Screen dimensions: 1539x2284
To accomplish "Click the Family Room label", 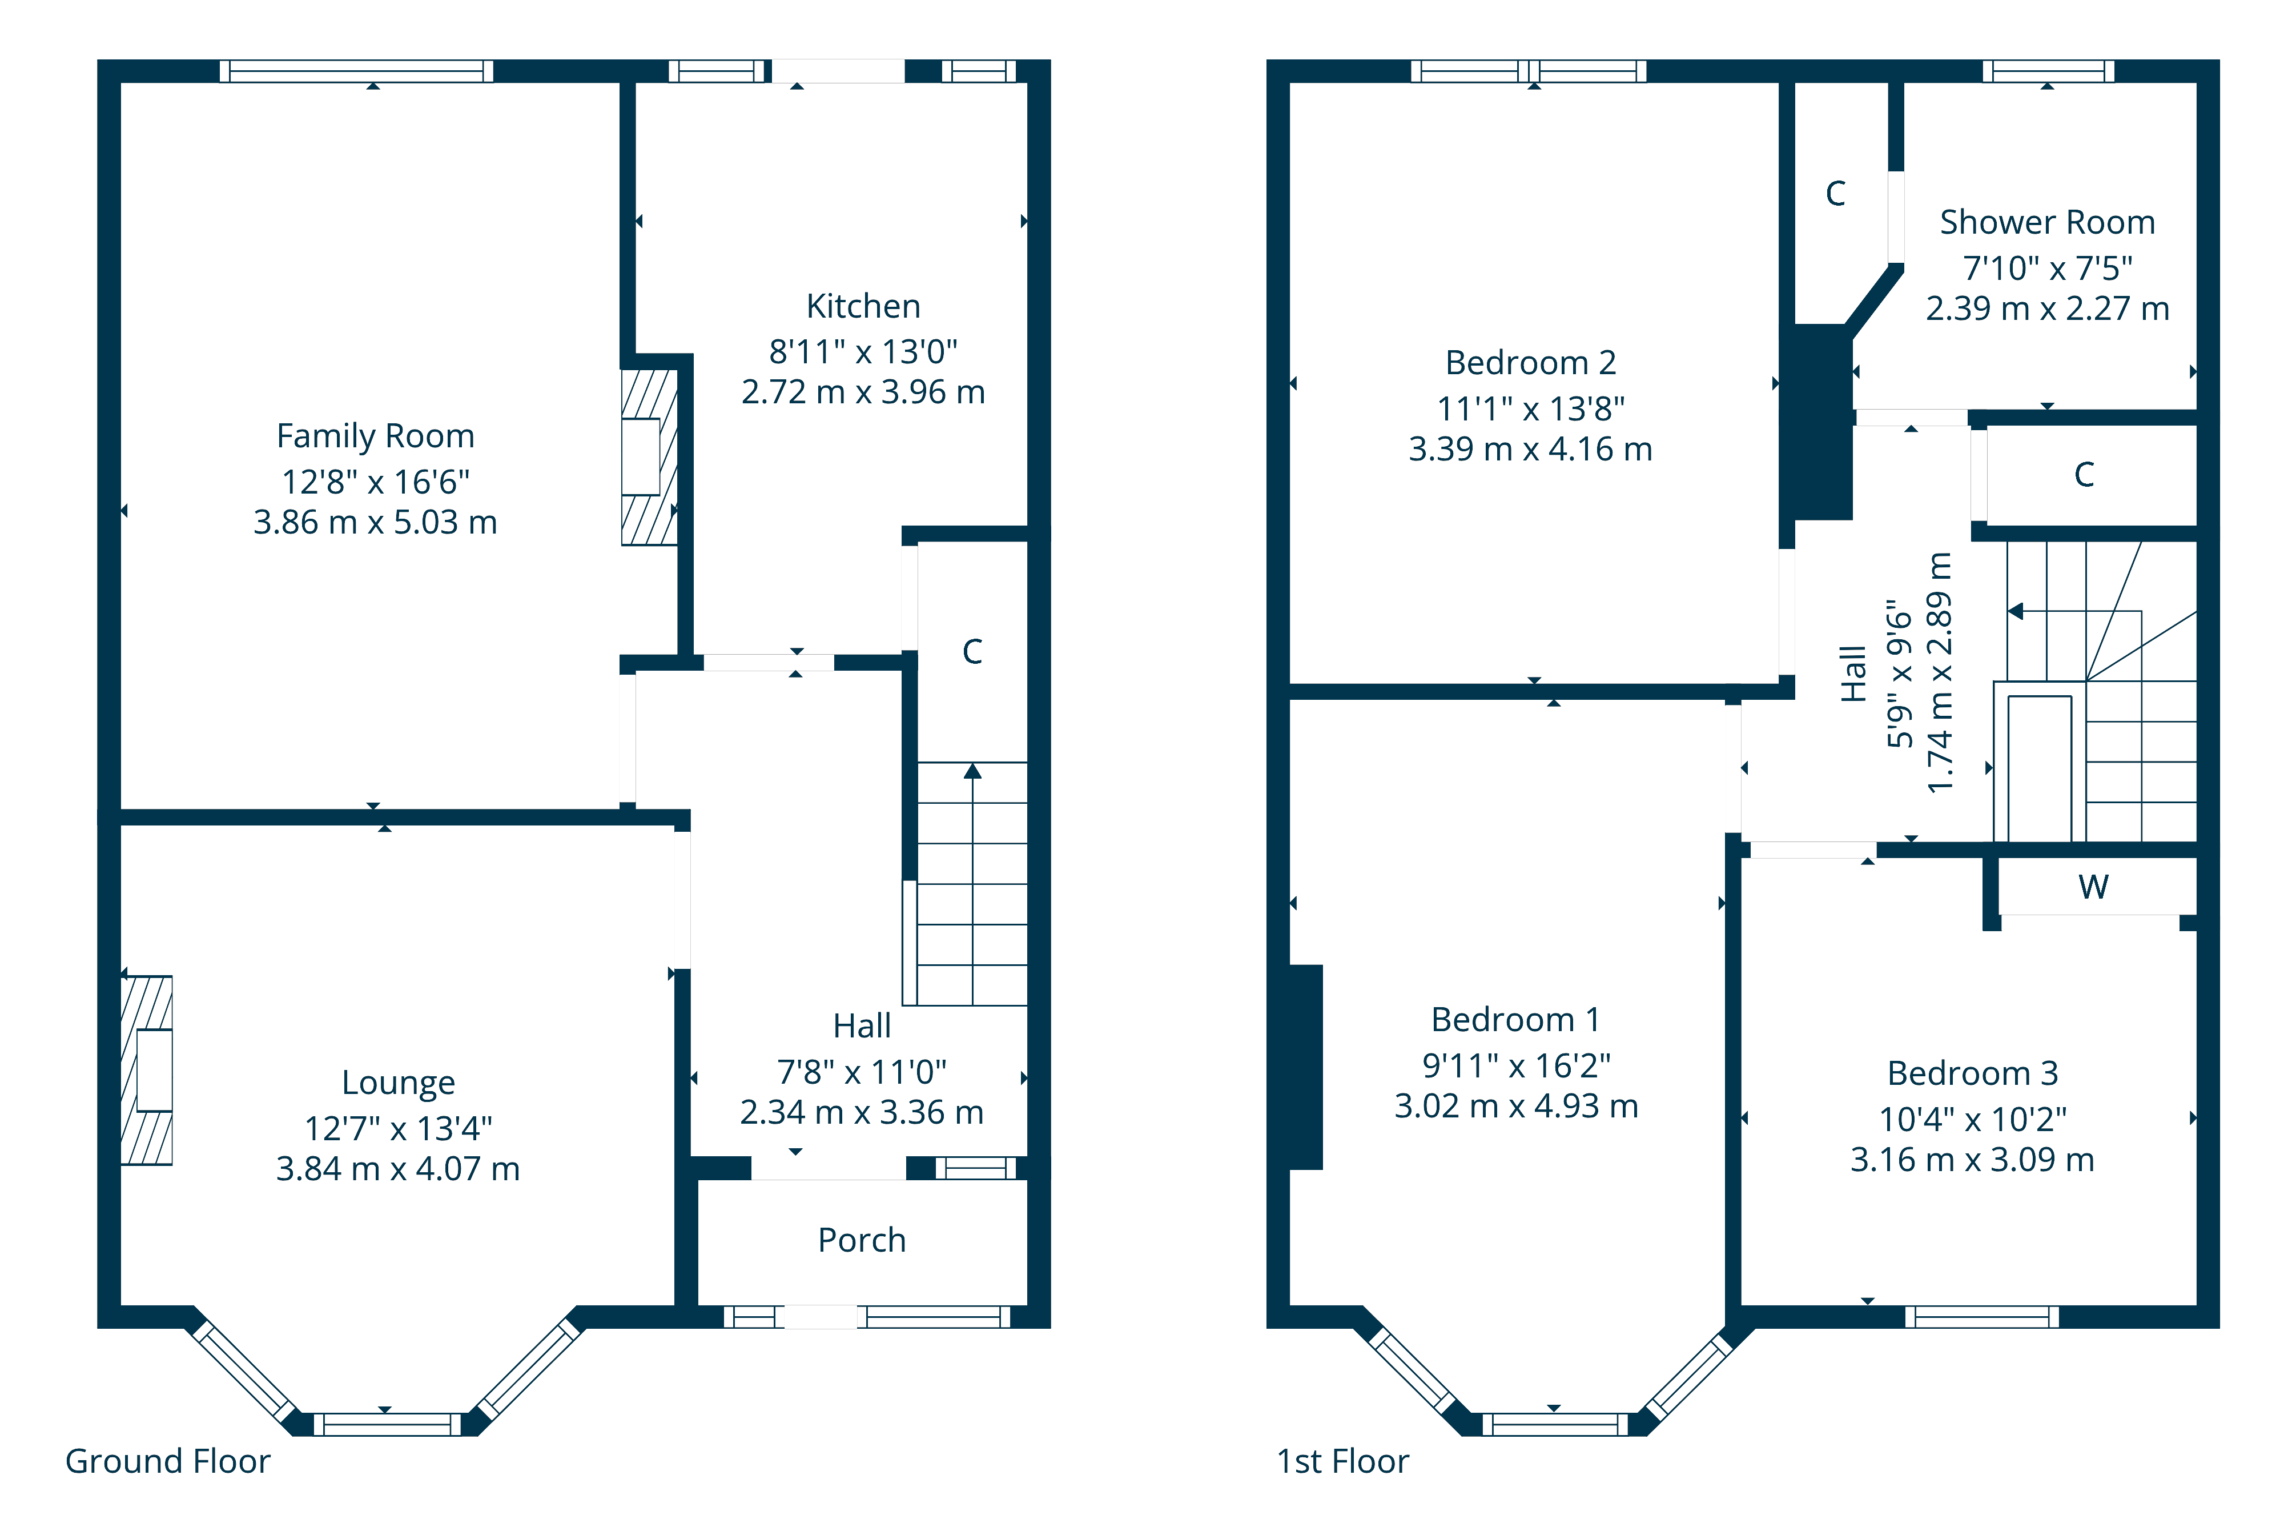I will pos(375,436).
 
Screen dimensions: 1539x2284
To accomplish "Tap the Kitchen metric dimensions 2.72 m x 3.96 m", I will pos(862,392).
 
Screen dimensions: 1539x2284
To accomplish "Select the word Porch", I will pos(862,1241).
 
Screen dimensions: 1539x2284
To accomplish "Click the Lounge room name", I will pos(397,1083).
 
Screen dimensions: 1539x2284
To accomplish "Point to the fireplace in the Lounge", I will pos(147,1070).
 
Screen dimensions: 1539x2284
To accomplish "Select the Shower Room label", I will pos(2046,223).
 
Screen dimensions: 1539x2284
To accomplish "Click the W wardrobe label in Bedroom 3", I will pos(2093,887).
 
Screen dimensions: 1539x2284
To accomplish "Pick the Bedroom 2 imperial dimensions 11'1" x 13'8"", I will pos(1530,408).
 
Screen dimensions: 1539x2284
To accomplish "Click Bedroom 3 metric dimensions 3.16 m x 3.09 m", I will pos(1972,1160).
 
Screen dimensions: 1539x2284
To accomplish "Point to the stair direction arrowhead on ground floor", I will pos(972,771).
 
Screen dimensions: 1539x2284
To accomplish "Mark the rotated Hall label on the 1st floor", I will pos(1852,674).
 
